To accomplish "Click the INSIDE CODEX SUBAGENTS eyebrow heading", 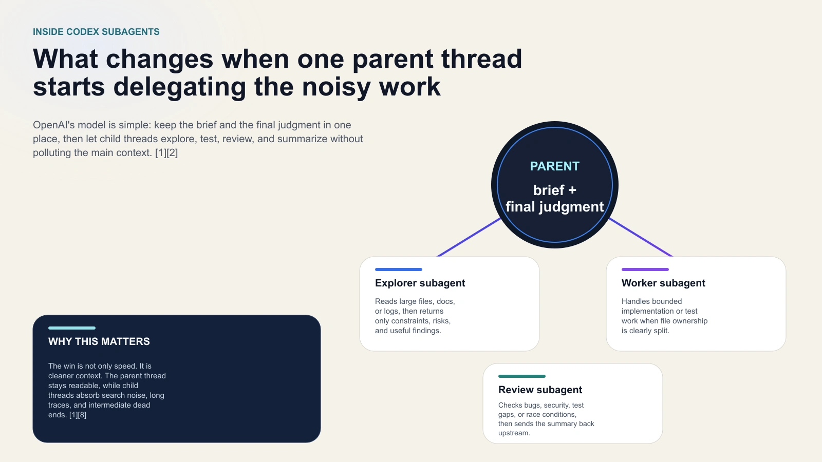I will click(96, 32).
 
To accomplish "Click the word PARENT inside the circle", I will click(554, 166).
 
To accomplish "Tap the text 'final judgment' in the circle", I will click(554, 207).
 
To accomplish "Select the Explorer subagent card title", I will click(420, 283).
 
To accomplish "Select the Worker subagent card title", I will click(663, 283).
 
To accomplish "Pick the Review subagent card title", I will click(540, 390).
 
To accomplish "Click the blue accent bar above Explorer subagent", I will click(398, 269).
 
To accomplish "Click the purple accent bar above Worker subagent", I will click(645, 269).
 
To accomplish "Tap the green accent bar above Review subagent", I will click(521, 376).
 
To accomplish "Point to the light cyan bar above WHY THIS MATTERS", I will click(72, 328).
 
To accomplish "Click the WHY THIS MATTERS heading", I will click(99, 342).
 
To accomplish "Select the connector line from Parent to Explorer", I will click(469, 237).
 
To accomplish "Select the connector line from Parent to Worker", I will click(641, 237).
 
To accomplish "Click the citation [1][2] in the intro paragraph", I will click(166, 153).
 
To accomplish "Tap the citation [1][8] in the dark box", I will click(78, 415).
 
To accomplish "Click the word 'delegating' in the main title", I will click(180, 87).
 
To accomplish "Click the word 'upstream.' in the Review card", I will click(514, 433).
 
